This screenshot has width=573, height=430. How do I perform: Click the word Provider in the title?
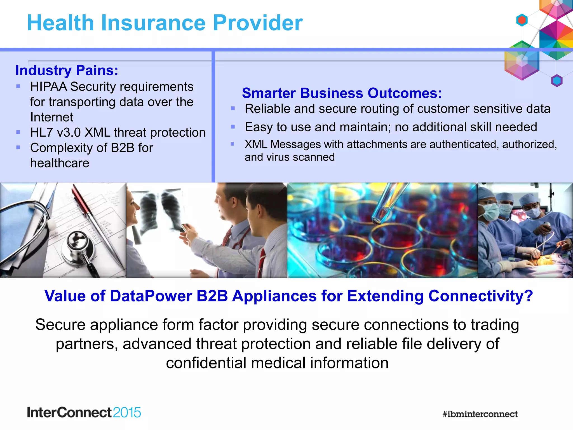(257, 23)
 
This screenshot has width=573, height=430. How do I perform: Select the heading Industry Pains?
(67, 70)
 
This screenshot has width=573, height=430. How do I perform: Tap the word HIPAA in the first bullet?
(48, 87)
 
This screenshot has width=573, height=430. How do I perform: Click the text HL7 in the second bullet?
(41, 132)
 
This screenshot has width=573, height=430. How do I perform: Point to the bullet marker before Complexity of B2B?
(18, 148)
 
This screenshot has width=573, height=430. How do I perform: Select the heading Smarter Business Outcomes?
(342, 93)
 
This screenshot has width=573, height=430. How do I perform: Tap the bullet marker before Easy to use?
(233, 127)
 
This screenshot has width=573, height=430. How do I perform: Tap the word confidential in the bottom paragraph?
(206, 363)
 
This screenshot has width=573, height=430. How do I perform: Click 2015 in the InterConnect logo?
(127, 413)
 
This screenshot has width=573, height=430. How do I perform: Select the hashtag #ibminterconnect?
(480, 414)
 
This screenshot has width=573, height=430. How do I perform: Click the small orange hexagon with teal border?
(522, 20)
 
